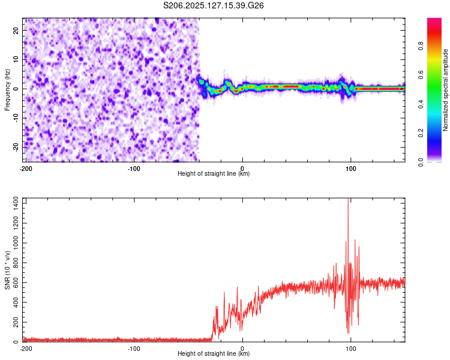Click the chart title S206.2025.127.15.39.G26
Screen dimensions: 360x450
[214, 6]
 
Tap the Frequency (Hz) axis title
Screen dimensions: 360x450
[7, 90]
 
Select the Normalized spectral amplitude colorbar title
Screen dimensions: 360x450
[446, 90]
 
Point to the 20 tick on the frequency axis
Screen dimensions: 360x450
[17, 30]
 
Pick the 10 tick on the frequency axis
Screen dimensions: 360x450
[17, 59]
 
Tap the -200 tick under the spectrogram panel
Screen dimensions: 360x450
[26, 168]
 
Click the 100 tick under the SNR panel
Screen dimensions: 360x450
[352, 348]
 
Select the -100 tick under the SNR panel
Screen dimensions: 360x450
[134, 348]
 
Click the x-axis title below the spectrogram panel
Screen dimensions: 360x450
[214, 174]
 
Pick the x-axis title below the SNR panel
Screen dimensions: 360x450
[214, 354]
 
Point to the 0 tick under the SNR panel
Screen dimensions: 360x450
[242, 348]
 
